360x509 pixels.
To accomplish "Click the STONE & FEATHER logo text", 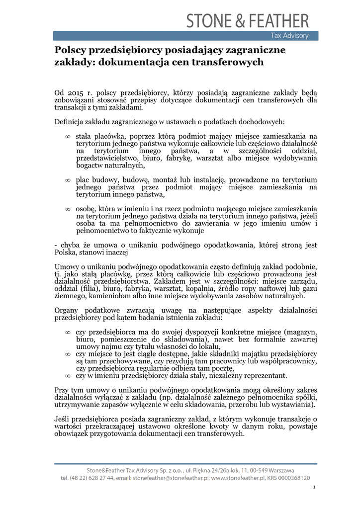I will point(247,21).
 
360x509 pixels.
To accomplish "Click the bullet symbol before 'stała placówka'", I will point(68,136).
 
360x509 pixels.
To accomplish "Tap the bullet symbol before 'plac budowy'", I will point(68,180).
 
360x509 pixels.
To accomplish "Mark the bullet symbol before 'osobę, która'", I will point(68,209).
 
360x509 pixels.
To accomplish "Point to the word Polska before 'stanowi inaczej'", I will point(65,253).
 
